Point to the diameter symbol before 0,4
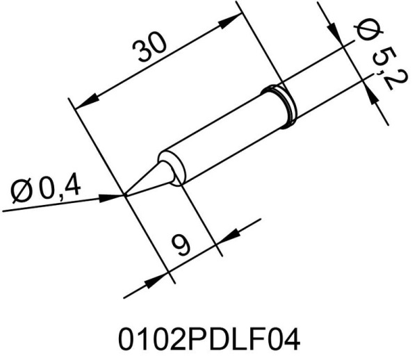[x=24, y=188]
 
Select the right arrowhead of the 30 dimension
[x=229, y=24]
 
